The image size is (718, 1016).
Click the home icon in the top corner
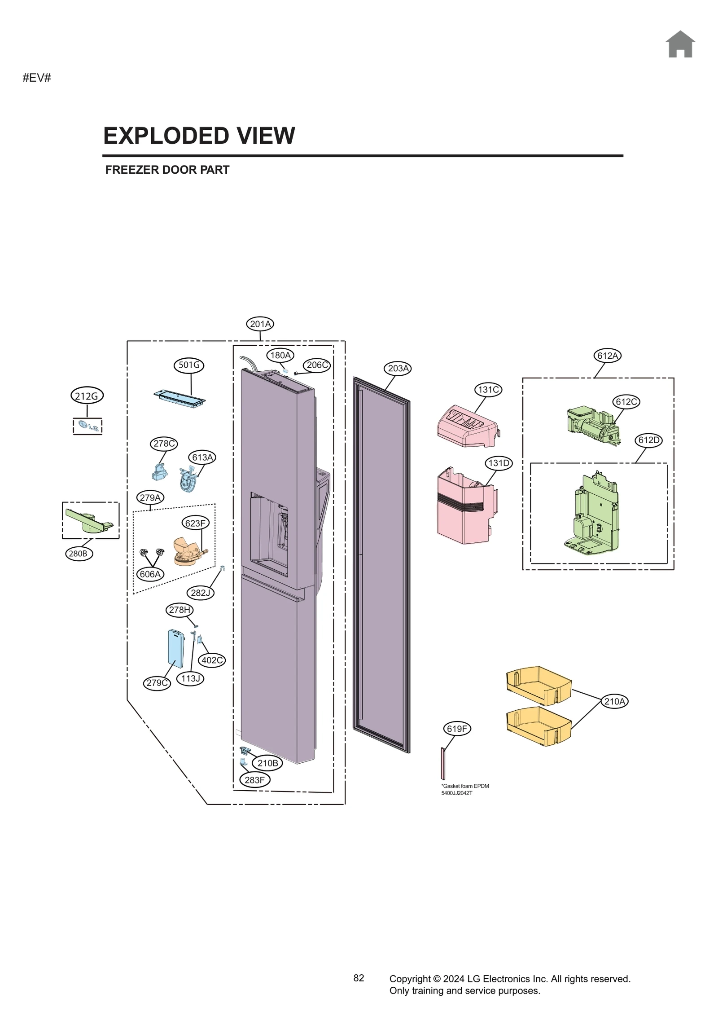pos(680,44)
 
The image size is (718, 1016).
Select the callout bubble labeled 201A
pos(260,324)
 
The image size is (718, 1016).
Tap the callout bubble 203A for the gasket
pos(398,368)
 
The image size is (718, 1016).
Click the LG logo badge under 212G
pos(88,426)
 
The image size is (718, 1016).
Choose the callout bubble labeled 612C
pos(626,401)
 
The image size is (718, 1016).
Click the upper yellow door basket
pos(538,685)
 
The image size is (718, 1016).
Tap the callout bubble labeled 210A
pos(614,701)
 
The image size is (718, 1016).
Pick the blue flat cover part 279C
pos(175,649)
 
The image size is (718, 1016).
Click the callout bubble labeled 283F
pos(254,780)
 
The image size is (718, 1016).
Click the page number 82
pos(359,978)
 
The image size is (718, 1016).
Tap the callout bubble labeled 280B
pos(78,554)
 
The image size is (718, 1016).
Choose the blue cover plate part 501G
pos(179,398)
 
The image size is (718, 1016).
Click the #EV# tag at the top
pos(37,78)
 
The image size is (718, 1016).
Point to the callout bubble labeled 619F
pos(457,729)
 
